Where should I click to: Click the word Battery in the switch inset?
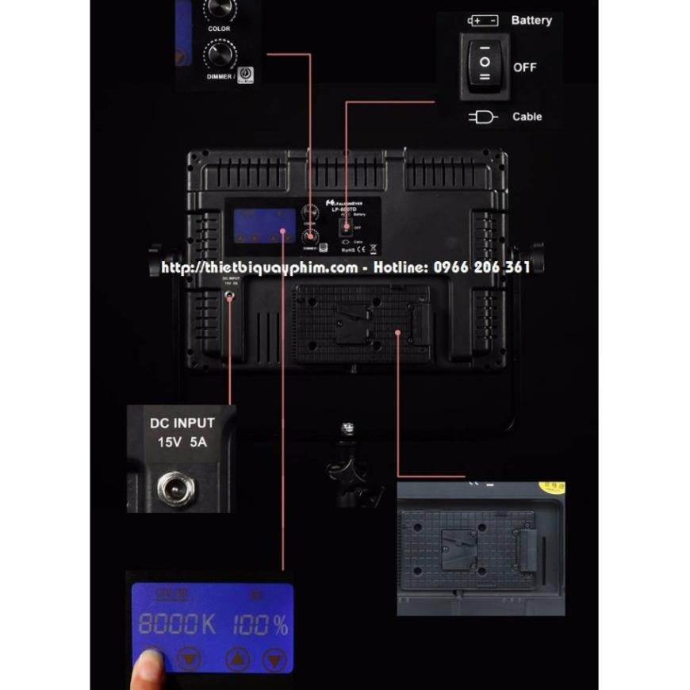[531, 20]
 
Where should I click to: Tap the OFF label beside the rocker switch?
[524, 67]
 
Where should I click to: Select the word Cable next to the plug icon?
[527, 117]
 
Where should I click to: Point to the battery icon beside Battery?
[483, 21]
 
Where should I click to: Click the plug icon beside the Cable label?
[483, 117]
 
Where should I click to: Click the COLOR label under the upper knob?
[219, 29]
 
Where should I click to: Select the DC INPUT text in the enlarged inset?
[182, 424]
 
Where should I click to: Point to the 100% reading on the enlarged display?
[260, 625]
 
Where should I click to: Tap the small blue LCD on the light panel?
[261, 221]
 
